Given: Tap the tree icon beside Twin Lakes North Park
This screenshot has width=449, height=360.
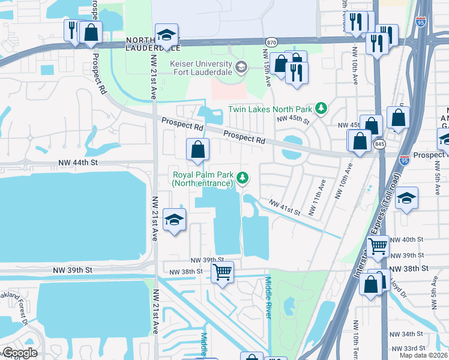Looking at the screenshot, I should pyautogui.click(x=322, y=109).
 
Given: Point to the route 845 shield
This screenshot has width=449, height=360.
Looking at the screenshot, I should pyautogui.click(x=379, y=145).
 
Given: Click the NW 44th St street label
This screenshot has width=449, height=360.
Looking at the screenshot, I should pyautogui.click(x=77, y=163).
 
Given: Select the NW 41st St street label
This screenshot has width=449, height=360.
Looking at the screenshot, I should pyautogui.click(x=284, y=206).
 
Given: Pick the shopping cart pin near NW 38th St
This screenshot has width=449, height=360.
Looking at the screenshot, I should pyautogui.click(x=222, y=272).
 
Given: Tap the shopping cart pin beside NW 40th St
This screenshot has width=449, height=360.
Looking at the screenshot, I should pyautogui.click(x=378, y=245).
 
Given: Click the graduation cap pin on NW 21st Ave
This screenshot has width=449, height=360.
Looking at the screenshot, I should pyautogui.click(x=174, y=220).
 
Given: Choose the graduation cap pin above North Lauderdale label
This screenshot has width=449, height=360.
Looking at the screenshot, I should pyautogui.click(x=166, y=34).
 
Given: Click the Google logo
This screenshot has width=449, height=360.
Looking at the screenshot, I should pyautogui.click(x=19, y=353).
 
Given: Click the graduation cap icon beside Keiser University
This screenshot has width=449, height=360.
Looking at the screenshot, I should pyautogui.click(x=241, y=66).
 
